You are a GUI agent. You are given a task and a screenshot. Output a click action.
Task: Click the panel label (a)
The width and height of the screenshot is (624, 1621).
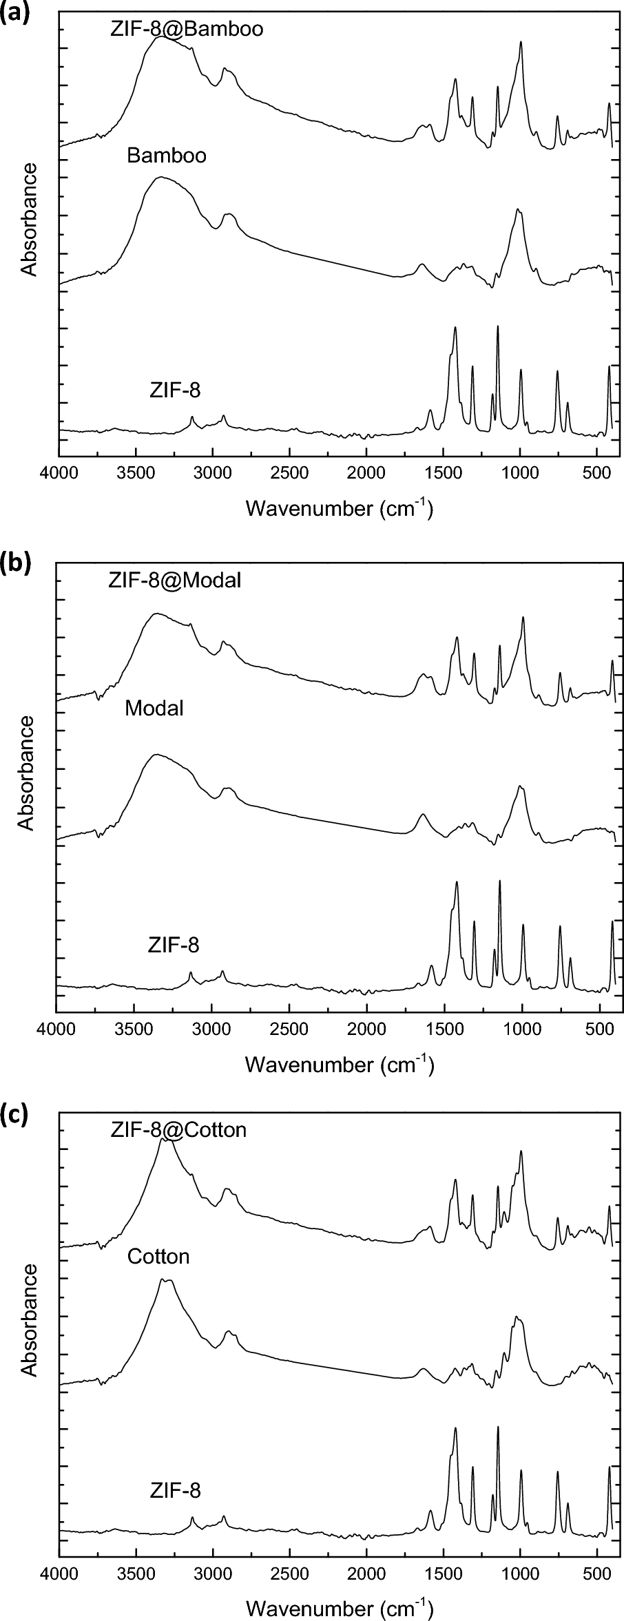(x=14, y=13)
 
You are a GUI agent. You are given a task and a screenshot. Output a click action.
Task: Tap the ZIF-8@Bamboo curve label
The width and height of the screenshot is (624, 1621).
(x=186, y=30)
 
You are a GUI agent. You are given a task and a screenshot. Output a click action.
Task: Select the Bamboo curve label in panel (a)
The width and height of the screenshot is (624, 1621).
(x=166, y=156)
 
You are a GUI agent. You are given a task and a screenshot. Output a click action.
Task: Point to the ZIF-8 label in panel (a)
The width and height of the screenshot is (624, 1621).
(x=175, y=390)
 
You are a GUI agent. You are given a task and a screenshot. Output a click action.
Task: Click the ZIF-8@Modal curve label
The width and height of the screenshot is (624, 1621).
(x=175, y=581)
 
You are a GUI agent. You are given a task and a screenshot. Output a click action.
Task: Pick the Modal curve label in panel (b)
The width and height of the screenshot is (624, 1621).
(x=154, y=708)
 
